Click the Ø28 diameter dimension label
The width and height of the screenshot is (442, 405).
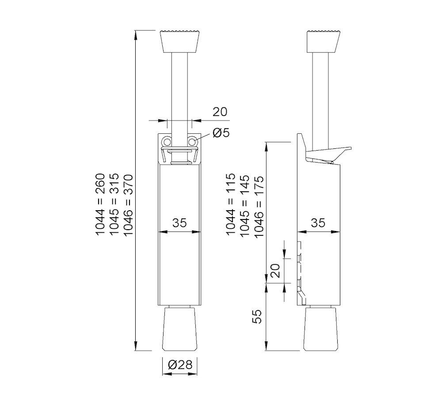pos(180,364)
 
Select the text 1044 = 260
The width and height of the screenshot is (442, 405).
pos(100,205)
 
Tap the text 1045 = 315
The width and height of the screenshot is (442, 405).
pos(114,205)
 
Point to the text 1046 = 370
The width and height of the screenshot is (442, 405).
pos(128,205)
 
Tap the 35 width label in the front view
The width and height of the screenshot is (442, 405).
pos(179,223)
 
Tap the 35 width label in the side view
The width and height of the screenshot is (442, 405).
pos(318,223)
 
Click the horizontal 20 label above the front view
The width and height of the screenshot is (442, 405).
pos(220,112)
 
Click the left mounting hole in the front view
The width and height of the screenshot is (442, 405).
pos(167,141)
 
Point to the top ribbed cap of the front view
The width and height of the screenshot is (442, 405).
pos(179,41)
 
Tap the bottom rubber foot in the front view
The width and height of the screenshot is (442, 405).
pos(179,329)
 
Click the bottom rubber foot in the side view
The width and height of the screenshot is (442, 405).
pos(321,329)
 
